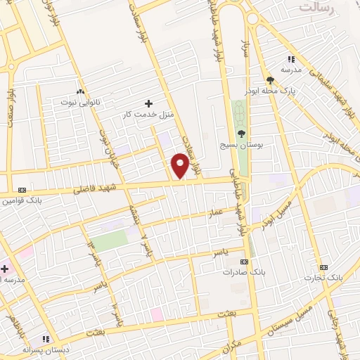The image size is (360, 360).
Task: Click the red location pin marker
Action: pyautogui.click(x=180, y=165)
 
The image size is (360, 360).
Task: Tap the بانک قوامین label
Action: pyautogui.click(x=18, y=200)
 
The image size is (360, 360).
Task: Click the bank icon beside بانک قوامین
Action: pyautogui.click(x=21, y=190)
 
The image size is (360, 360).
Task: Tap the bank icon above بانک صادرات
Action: pyautogui.click(x=244, y=262)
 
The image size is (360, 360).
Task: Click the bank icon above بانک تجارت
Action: pyautogui.click(x=323, y=267)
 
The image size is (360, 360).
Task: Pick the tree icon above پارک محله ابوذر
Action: pyautogui.click(x=270, y=79)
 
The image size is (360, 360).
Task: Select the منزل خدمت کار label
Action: pyautogui.click(x=148, y=113)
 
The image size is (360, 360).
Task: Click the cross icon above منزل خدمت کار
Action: pyautogui.click(x=148, y=103)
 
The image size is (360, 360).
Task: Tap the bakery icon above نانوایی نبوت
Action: pyautogui.click(x=80, y=91)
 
